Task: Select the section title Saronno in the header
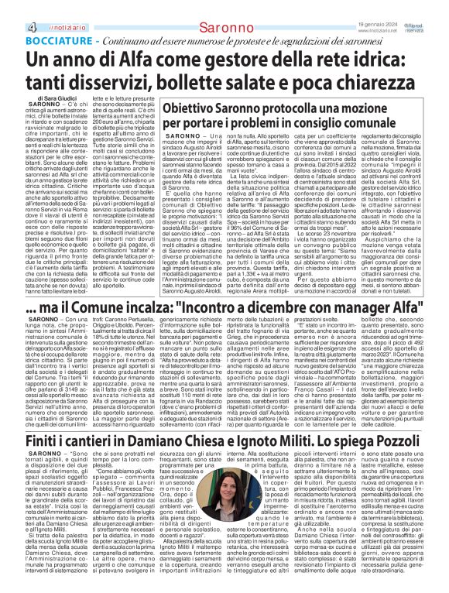click(x=224, y=7)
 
